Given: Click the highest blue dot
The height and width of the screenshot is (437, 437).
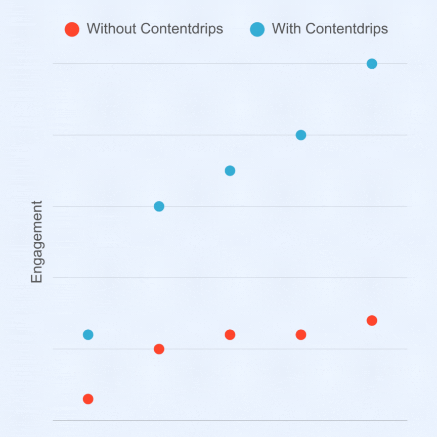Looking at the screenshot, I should coord(372,64).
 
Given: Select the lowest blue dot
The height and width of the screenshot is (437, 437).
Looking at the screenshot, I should coord(88,334).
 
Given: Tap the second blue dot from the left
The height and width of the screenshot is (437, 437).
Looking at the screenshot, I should coord(159,206).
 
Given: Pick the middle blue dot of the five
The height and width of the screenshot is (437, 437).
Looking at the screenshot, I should coord(230,170).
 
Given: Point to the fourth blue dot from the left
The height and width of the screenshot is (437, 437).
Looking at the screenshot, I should coord(301,135).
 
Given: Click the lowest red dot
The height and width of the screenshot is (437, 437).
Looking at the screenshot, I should coord(88,399).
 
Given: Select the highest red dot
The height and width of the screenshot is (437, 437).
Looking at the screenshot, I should coord(372,320).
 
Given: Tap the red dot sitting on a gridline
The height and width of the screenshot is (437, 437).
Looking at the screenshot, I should coord(159,349).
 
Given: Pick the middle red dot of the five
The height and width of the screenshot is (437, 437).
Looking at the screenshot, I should coord(230,334).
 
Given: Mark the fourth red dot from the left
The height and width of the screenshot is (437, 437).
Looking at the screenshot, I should coord(301,334).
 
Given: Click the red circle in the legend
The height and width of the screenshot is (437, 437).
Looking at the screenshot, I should coord(72,29).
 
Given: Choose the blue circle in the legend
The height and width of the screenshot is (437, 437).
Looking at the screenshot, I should coord(257,29).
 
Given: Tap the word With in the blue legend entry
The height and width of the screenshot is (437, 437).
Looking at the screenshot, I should coord(283,29).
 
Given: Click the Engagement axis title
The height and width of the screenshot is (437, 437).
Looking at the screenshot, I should coord(37,242).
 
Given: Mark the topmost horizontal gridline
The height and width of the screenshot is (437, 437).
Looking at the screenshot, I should coord(228,64).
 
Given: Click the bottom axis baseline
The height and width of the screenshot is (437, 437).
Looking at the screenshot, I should coord(228,420).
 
